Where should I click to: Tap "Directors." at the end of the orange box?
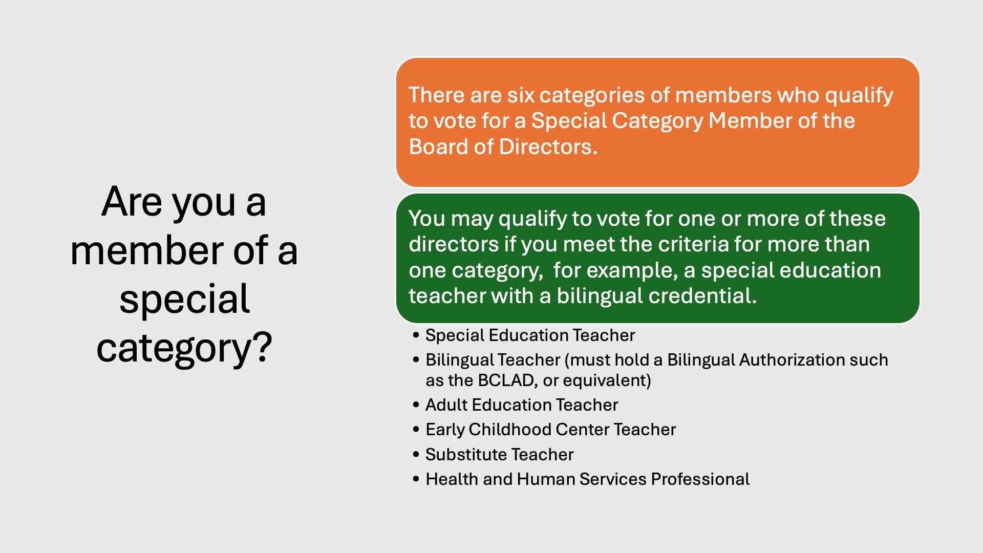point(548,147)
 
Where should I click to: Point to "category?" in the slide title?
point(184,349)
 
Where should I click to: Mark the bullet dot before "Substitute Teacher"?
point(416,454)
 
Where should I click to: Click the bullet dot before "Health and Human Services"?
point(416,479)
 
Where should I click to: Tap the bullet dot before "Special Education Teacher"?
point(416,335)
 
